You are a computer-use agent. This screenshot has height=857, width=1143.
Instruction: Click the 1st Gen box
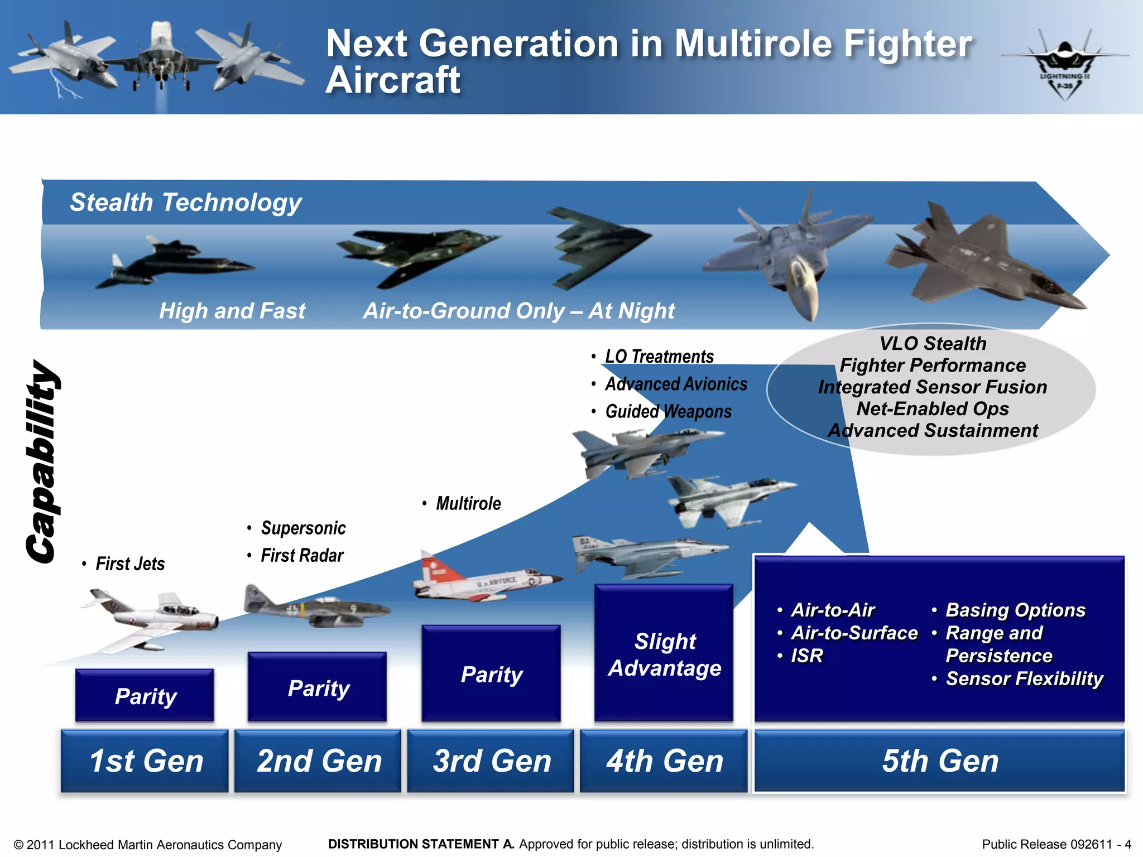point(145,761)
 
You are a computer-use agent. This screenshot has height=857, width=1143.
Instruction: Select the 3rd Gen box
point(491,761)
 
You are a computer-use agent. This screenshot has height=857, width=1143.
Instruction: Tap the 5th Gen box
point(940,761)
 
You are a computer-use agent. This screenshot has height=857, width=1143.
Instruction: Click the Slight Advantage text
point(664,654)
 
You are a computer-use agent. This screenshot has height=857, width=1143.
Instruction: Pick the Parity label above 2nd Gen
point(318,688)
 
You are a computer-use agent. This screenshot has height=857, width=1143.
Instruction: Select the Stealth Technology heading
point(185,202)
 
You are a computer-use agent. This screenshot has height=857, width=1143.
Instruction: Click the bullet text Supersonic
point(303,528)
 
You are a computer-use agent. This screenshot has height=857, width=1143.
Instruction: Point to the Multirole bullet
point(468,503)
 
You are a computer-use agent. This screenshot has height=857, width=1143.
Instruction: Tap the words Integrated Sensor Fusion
point(932,387)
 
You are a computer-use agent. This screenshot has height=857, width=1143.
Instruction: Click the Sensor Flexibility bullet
point(1024,678)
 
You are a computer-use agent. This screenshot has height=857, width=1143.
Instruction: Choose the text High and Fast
point(232,311)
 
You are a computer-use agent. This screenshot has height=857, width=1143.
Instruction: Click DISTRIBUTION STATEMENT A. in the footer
point(421,844)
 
